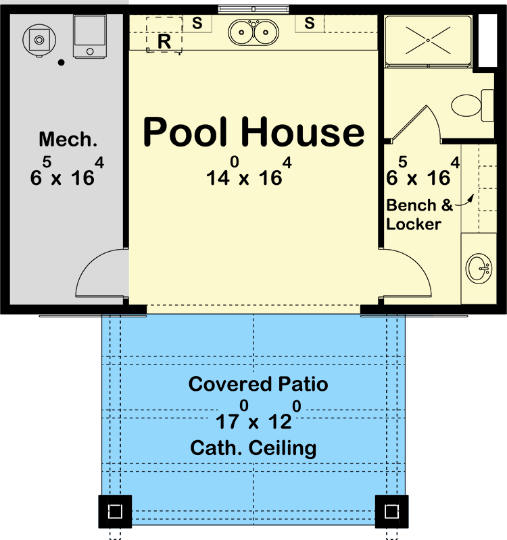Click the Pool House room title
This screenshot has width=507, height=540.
click(x=254, y=133)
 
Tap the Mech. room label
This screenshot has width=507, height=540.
click(x=68, y=140)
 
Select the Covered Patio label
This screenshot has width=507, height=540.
click(x=258, y=385)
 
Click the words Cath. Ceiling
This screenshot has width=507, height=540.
click(x=254, y=448)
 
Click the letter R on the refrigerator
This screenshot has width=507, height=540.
click(x=164, y=41)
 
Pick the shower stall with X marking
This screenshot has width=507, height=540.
click(x=427, y=40)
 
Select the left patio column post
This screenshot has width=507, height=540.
click(x=115, y=511)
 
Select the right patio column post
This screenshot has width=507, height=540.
click(x=392, y=511)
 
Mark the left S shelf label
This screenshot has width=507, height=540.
click(x=197, y=23)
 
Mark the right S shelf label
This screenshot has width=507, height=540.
click(x=310, y=23)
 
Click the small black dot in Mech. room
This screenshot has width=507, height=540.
click(x=62, y=63)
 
